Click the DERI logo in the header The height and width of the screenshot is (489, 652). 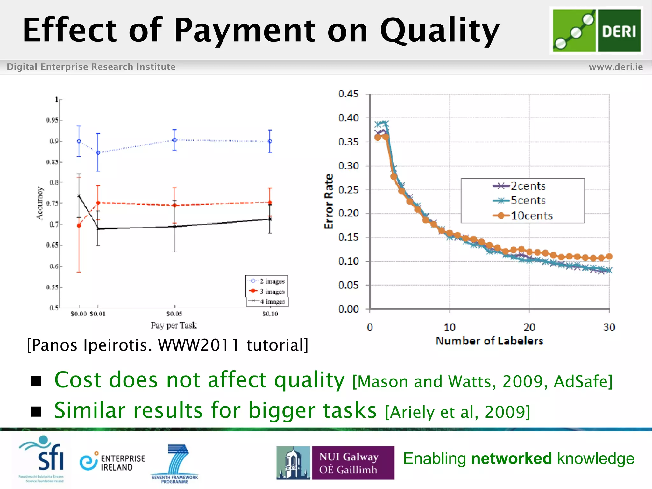tap(596, 31)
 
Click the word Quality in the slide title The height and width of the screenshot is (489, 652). tap(439, 31)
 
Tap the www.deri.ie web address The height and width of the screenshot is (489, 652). tap(615, 67)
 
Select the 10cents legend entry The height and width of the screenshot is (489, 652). tap(531, 216)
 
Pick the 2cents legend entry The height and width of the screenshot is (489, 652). tap(528, 186)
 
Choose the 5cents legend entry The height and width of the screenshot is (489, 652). tap(528, 201)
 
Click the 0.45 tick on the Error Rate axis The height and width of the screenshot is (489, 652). tap(348, 94)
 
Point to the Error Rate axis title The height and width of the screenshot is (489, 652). tap(329, 201)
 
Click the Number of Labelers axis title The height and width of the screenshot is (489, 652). tap(489, 341)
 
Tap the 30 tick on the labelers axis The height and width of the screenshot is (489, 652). tap(609, 327)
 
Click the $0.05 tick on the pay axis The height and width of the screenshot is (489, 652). tap(174, 314)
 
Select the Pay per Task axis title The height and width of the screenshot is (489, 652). tap(174, 325)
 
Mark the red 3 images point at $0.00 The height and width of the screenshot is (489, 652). tap(79, 226)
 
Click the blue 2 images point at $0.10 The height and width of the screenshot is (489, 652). tap(270, 141)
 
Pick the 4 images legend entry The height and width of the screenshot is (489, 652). tap(272, 301)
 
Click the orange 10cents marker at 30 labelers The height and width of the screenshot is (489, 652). tap(609, 256)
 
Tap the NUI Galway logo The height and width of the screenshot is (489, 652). tap(335, 463)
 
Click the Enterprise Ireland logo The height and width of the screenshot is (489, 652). tap(112, 463)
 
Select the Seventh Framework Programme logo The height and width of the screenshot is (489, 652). tap(175, 464)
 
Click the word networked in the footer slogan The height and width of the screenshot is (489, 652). tap(511, 459)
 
